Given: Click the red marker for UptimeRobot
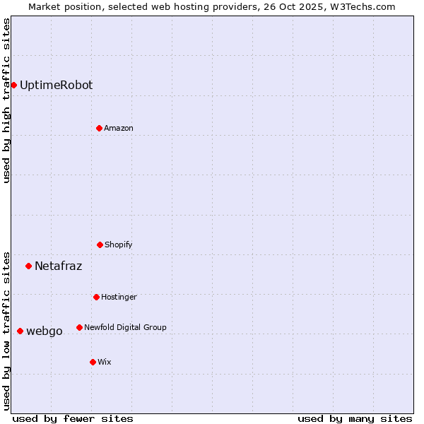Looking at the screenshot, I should click(x=13, y=85).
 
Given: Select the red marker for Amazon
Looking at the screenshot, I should click(x=99, y=128).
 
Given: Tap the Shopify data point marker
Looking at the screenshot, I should click(x=100, y=245).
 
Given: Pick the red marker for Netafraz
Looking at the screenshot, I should click(x=28, y=266).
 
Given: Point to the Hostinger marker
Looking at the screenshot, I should click(x=96, y=297).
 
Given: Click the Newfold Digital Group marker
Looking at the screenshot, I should click(x=79, y=327).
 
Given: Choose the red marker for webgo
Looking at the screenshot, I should click(x=20, y=331).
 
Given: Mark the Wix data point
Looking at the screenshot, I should click(x=93, y=362).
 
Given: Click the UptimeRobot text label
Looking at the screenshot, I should click(x=56, y=85).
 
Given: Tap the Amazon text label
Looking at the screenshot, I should click(x=118, y=128).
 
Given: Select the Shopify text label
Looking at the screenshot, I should click(x=118, y=245).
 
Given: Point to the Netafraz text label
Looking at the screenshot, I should click(x=58, y=266).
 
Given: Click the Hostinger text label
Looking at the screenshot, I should click(x=119, y=297).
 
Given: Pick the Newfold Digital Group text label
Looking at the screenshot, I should click(x=125, y=327).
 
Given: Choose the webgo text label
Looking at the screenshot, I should click(x=44, y=331).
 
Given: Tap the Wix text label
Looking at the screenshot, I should click(x=104, y=362).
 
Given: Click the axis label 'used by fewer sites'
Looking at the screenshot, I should click(x=72, y=418).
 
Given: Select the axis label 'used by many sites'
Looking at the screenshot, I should click(x=354, y=418).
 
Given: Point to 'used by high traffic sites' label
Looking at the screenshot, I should click(x=6, y=100).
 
